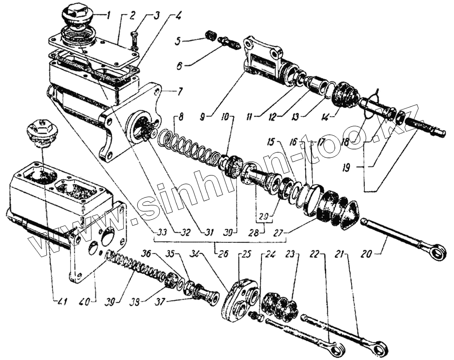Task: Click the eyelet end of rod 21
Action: [382, 347]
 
